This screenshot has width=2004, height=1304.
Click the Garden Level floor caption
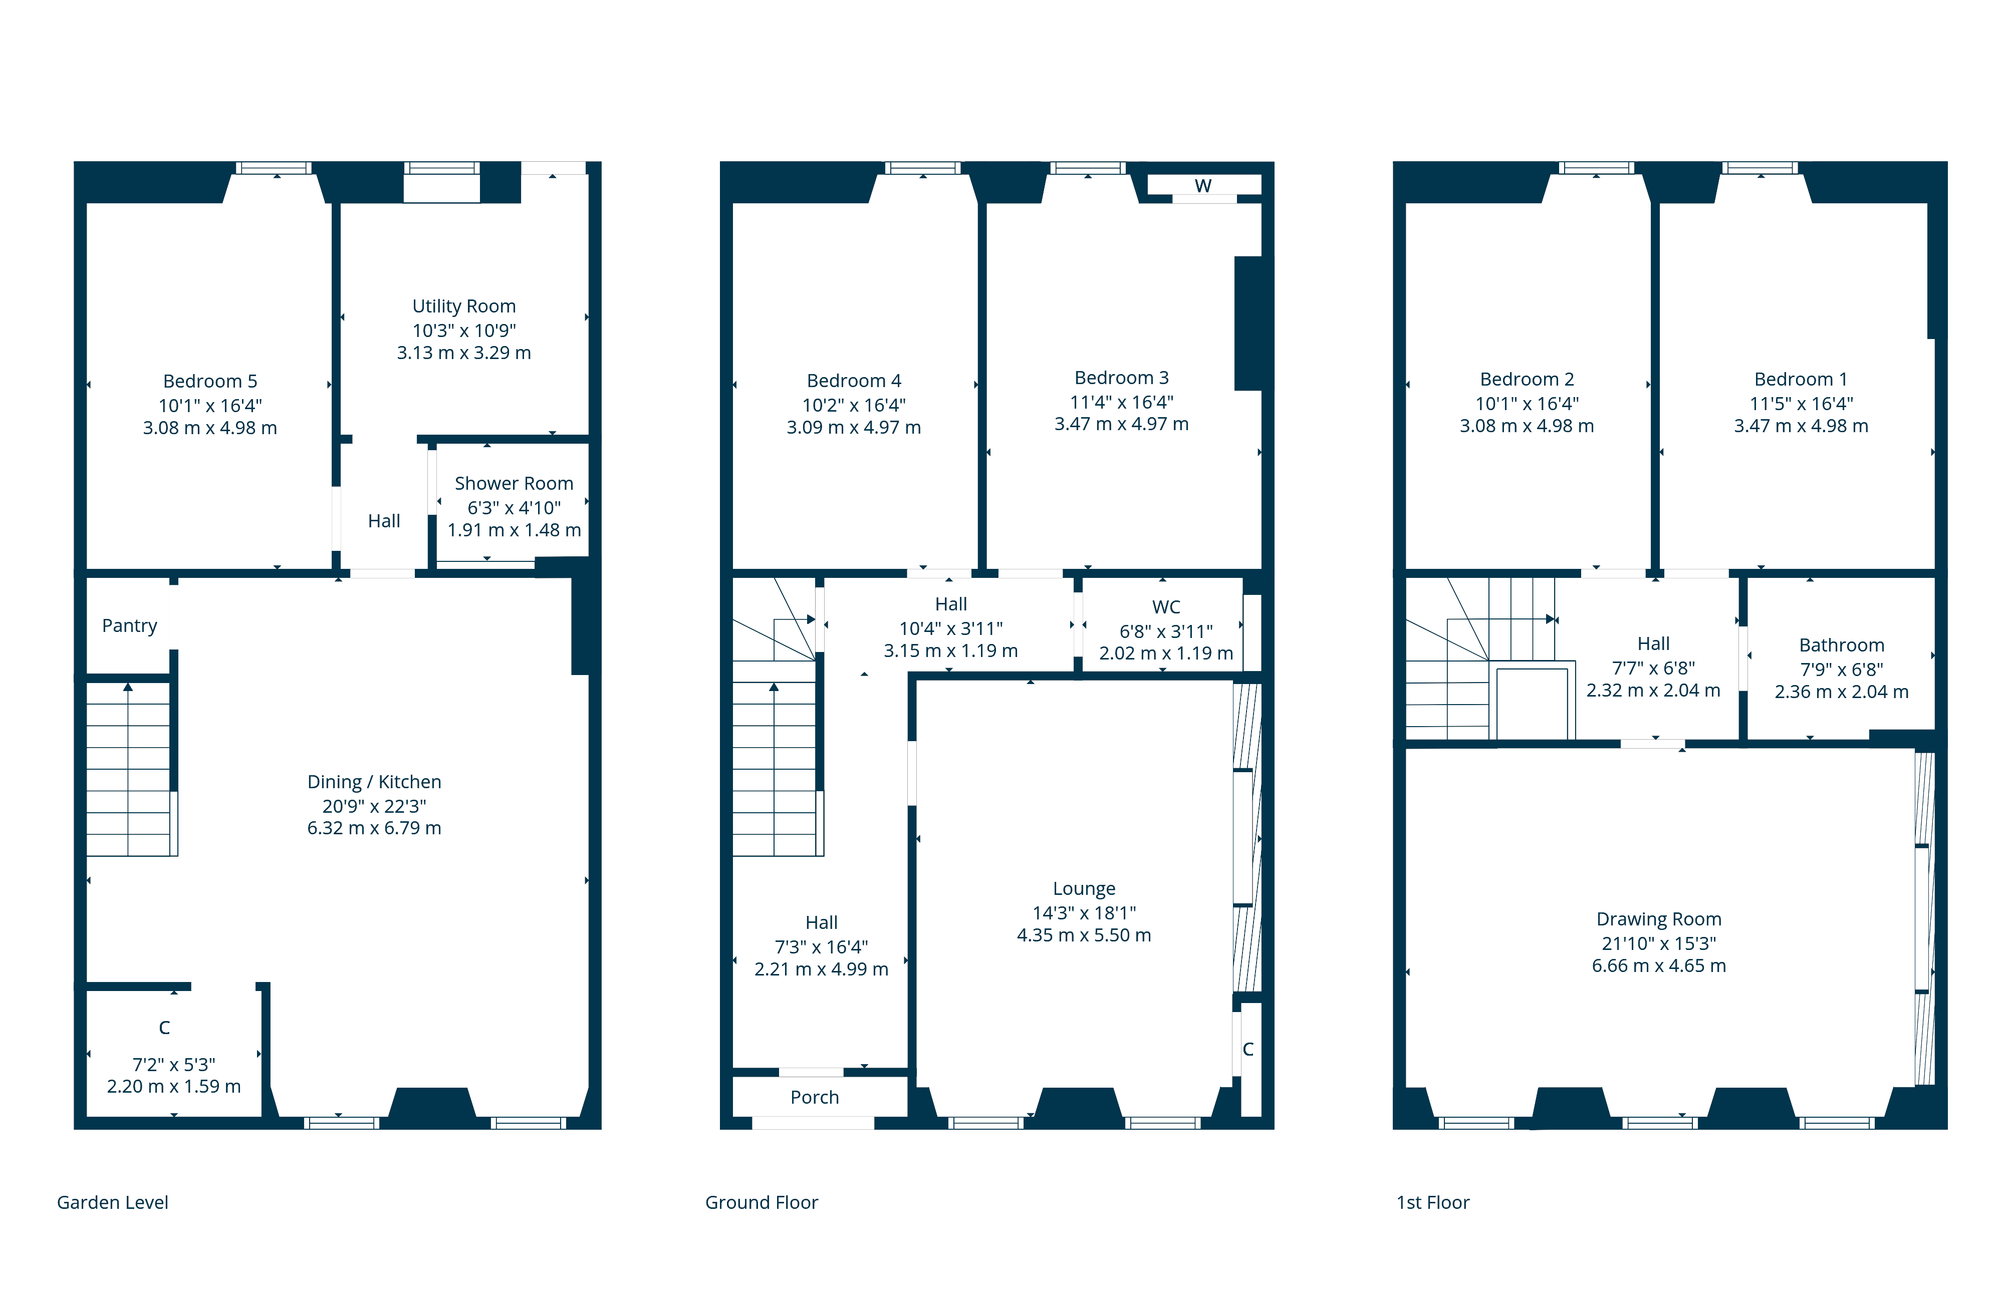[x=112, y=1202]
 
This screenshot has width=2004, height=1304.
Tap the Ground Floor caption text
[x=761, y=1202]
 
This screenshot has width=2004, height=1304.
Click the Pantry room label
[x=130, y=625]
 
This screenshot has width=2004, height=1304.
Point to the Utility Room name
[x=464, y=306]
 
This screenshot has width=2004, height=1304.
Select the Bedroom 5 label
[x=209, y=382]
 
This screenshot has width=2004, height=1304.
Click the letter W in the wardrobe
[x=1203, y=185]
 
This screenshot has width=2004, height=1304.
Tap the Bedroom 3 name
[x=1122, y=378]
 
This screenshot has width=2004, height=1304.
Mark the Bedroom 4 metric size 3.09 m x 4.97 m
[x=854, y=428]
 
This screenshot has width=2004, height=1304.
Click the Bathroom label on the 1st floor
[x=1842, y=645]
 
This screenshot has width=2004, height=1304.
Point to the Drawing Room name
[x=1659, y=919]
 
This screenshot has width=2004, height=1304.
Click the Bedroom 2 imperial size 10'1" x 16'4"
[x=1527, y=404]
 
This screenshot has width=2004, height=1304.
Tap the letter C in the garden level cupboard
[x=164, y=1028]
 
